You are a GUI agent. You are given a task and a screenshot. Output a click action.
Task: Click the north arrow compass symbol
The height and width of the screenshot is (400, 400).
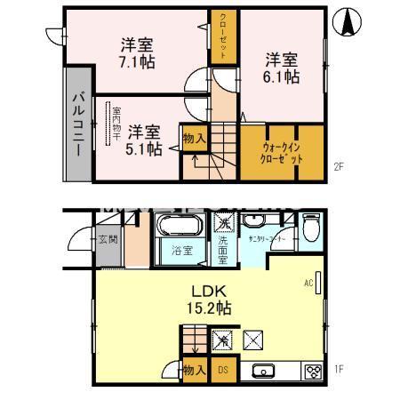pos(348,21)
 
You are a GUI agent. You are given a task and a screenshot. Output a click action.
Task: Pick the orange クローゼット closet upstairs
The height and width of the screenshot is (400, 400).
pos(223,36)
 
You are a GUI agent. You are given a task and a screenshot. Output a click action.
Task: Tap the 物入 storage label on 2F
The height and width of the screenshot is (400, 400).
pos(194,138)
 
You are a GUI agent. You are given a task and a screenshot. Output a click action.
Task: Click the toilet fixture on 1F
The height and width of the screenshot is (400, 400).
pos(309,229)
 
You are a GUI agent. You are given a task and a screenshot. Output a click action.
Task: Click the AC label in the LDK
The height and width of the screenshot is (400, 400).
pos(308,284)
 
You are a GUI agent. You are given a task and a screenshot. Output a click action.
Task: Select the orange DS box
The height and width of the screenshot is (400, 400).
pos(223,370)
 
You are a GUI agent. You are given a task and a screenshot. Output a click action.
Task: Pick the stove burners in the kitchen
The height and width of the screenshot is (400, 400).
pos(313,372)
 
